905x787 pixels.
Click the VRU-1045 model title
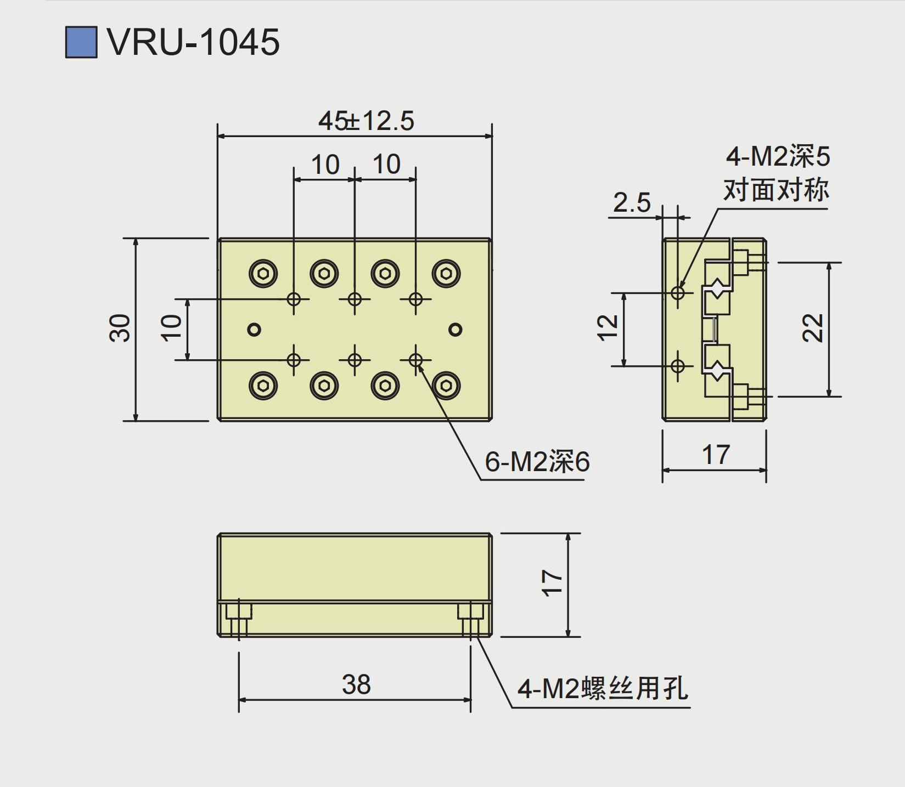coord(193,42)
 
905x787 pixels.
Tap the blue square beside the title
coord(81,42)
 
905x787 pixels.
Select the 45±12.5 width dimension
coord(366,121)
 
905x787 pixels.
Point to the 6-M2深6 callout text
coord(537,462)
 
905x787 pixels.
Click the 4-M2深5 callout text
coord(778,157)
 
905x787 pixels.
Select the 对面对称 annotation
coord(776,190)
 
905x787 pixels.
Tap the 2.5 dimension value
coord(632,203)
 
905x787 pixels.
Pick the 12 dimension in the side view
coord(608,328)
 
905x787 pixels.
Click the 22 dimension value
coord(813,328)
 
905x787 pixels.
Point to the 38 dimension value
coord(356,684)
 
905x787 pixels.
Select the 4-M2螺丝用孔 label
coord(603,688)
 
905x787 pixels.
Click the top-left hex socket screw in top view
coord(263,273)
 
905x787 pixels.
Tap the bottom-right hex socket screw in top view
coord(446,386)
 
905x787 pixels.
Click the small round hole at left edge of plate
coord(254,329)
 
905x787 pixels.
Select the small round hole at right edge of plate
coord(455,329)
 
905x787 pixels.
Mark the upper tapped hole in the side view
coord(678,292)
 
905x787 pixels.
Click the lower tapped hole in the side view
coord(678,365)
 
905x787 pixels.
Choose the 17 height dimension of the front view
coord(552,582)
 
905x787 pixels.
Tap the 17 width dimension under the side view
coord(716,455)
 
